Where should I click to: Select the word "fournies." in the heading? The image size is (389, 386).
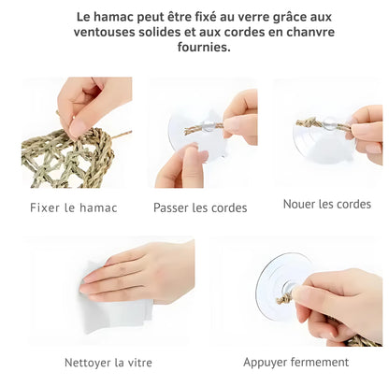tap(204, 47)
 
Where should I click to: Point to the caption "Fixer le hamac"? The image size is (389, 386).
tap(74, 207)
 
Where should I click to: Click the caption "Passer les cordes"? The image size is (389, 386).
tap(200, 207)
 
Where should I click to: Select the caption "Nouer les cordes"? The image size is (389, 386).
tap(327, 205)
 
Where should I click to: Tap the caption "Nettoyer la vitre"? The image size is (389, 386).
tap(108, 363)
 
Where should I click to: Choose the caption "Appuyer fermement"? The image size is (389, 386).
tap(295, 363)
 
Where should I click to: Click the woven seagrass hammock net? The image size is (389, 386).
tap(67, 159)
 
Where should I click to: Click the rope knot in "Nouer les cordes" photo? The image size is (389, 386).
tap(309, 123)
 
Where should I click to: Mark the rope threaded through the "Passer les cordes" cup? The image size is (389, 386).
tap(204, 128)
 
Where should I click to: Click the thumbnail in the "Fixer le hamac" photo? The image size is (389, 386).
tap(78, 127)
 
